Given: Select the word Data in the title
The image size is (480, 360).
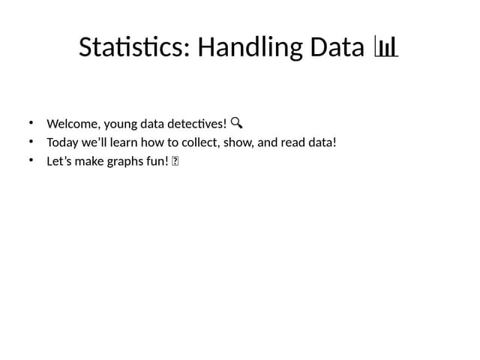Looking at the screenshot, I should coord(335,48).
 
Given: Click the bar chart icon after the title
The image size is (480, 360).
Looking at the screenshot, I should coord(385,49).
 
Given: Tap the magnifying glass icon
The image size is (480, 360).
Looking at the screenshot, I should coord(236,122).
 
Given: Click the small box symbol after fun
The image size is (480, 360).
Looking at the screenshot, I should coord(175,160).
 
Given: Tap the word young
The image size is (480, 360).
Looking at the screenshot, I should coord(110,124).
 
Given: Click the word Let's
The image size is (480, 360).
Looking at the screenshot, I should coord(59,160).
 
